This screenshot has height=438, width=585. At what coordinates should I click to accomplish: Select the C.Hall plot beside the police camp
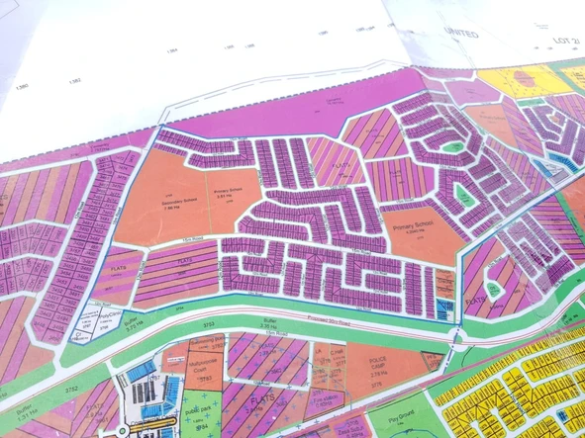(x=336, y=354)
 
